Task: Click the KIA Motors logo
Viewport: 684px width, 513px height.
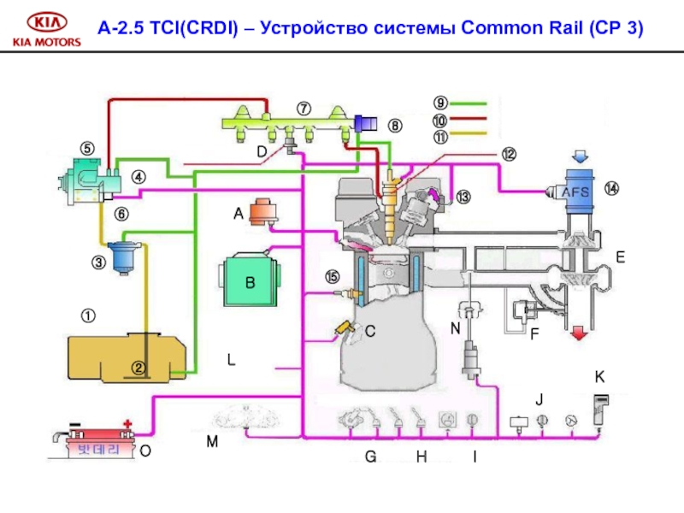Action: pyautogui.click(x=44, y=29)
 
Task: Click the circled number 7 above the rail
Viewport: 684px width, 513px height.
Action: pyautogui.click(x=304, y=109)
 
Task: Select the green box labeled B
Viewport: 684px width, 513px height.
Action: pyautogui.click(x=251, y=280)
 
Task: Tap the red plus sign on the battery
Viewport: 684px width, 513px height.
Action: pyautogui.click(x=128, y=423)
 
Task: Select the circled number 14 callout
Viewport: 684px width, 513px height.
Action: pyautogui.click(x=612, y=188)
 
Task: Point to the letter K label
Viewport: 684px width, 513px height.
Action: pyautogui.click(x=599, y=376)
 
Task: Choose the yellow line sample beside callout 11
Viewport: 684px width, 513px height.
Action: pyautogui.click(x=468, y=133)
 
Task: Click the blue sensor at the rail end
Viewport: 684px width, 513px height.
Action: pyautogui.click(x=367, y=125)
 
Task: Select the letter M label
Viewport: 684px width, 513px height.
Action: pyautogui.click(x=211, y=442)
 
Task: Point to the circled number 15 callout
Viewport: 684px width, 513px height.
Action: pyautogui.click(x=332, y=277)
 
